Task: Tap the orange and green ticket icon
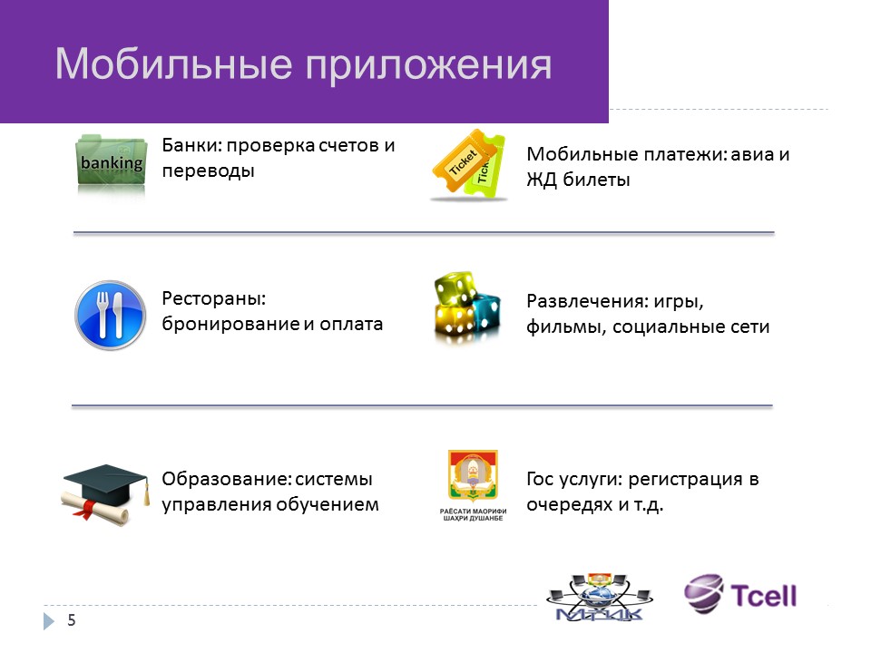click(469, 164)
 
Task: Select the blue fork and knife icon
click(110, 315)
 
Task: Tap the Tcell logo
click(740, 594)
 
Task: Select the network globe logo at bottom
click(600, 597)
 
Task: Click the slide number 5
click(71, 620)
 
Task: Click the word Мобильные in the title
click(173, 64)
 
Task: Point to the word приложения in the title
click(429, 66)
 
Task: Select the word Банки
click(191, 145)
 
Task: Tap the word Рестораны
click(214, 298)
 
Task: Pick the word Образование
click(226, 479)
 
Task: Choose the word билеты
click(596, 180)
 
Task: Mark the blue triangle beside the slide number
click(49, 620)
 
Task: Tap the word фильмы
click(566, 327)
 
